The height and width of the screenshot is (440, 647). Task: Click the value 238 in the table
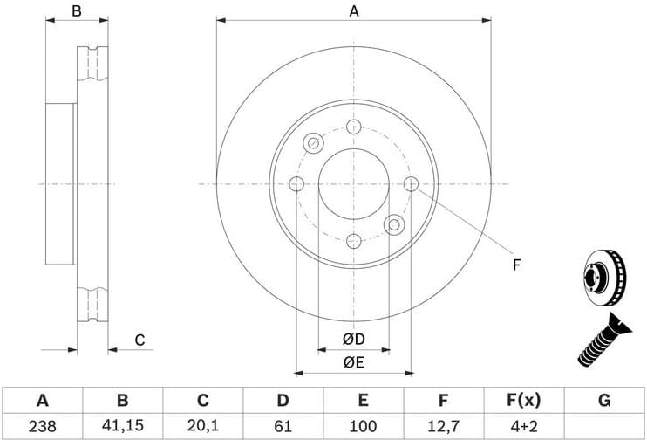[42, 427]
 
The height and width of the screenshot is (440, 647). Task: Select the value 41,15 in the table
[122, 427]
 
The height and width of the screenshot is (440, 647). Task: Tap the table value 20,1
[202, 427]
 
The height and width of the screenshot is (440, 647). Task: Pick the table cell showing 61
[283, 427]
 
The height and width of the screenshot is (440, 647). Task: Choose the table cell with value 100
[363, 427]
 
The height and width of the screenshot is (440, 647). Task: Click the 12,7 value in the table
[443, 427]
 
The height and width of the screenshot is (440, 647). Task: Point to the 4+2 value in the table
[523, 427]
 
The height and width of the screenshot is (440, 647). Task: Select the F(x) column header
[523, 401]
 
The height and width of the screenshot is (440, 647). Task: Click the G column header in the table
[603, 401]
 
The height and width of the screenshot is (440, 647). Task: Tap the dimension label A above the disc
[354, 11]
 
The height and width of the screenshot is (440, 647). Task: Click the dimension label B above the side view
[77, 11]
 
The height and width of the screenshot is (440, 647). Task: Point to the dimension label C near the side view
[139, 340]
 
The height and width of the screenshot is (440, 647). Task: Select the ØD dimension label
[353, 339]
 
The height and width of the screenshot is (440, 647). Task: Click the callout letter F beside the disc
[516, 265]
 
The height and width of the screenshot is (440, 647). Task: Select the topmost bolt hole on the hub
[353, 127]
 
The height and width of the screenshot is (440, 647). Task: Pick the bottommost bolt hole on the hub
[353, 241]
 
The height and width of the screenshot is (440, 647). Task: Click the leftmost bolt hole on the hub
[296, 184]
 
